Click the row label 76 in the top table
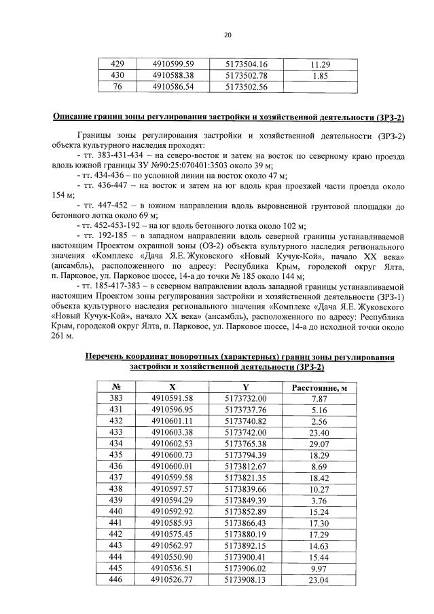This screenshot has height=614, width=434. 117,87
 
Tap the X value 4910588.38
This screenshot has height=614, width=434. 174,76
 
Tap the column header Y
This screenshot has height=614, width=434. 246,387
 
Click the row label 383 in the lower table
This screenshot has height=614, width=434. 117,398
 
